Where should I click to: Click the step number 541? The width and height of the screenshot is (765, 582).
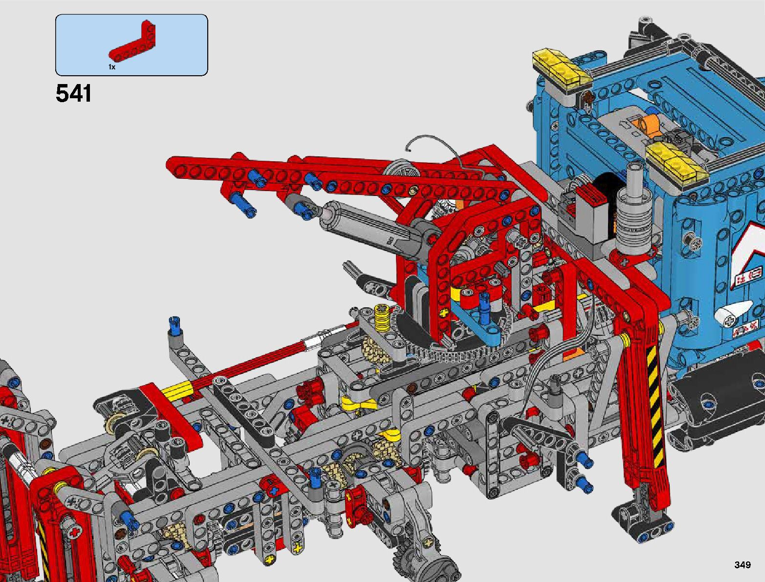click(73, 93)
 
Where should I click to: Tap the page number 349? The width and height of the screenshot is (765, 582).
click(743, 564)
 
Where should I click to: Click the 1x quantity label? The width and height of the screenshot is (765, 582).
click(112, 67)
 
